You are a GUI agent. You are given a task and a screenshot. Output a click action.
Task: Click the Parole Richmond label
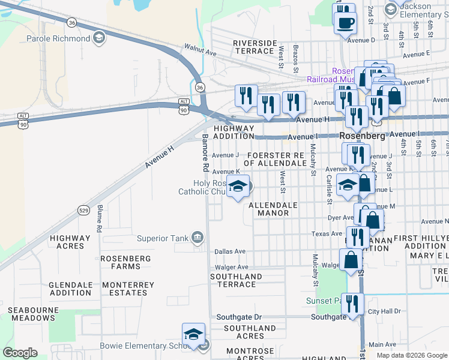coord(58,39)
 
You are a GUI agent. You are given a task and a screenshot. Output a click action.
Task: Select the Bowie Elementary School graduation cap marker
coord(193,334)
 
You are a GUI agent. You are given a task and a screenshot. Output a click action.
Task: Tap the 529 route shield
coord(84,210)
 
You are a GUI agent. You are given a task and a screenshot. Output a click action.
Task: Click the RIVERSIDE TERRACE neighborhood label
coord(255,47)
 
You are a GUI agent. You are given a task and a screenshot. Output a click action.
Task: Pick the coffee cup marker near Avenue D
coord(345,23)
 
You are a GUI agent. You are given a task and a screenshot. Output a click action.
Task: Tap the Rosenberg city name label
coord(362,136)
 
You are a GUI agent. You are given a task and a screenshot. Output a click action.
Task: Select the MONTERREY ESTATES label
coord(125,289)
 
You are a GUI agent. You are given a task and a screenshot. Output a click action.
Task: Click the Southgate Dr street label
coord(240,317)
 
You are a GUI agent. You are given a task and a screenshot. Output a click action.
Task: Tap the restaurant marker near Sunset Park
coord(352,304)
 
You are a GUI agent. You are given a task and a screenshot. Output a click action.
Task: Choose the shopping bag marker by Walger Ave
coord(351,260)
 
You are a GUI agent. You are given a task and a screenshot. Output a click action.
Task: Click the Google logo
coord(20,353)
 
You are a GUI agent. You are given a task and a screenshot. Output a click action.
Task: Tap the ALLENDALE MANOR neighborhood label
coord(273,209)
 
